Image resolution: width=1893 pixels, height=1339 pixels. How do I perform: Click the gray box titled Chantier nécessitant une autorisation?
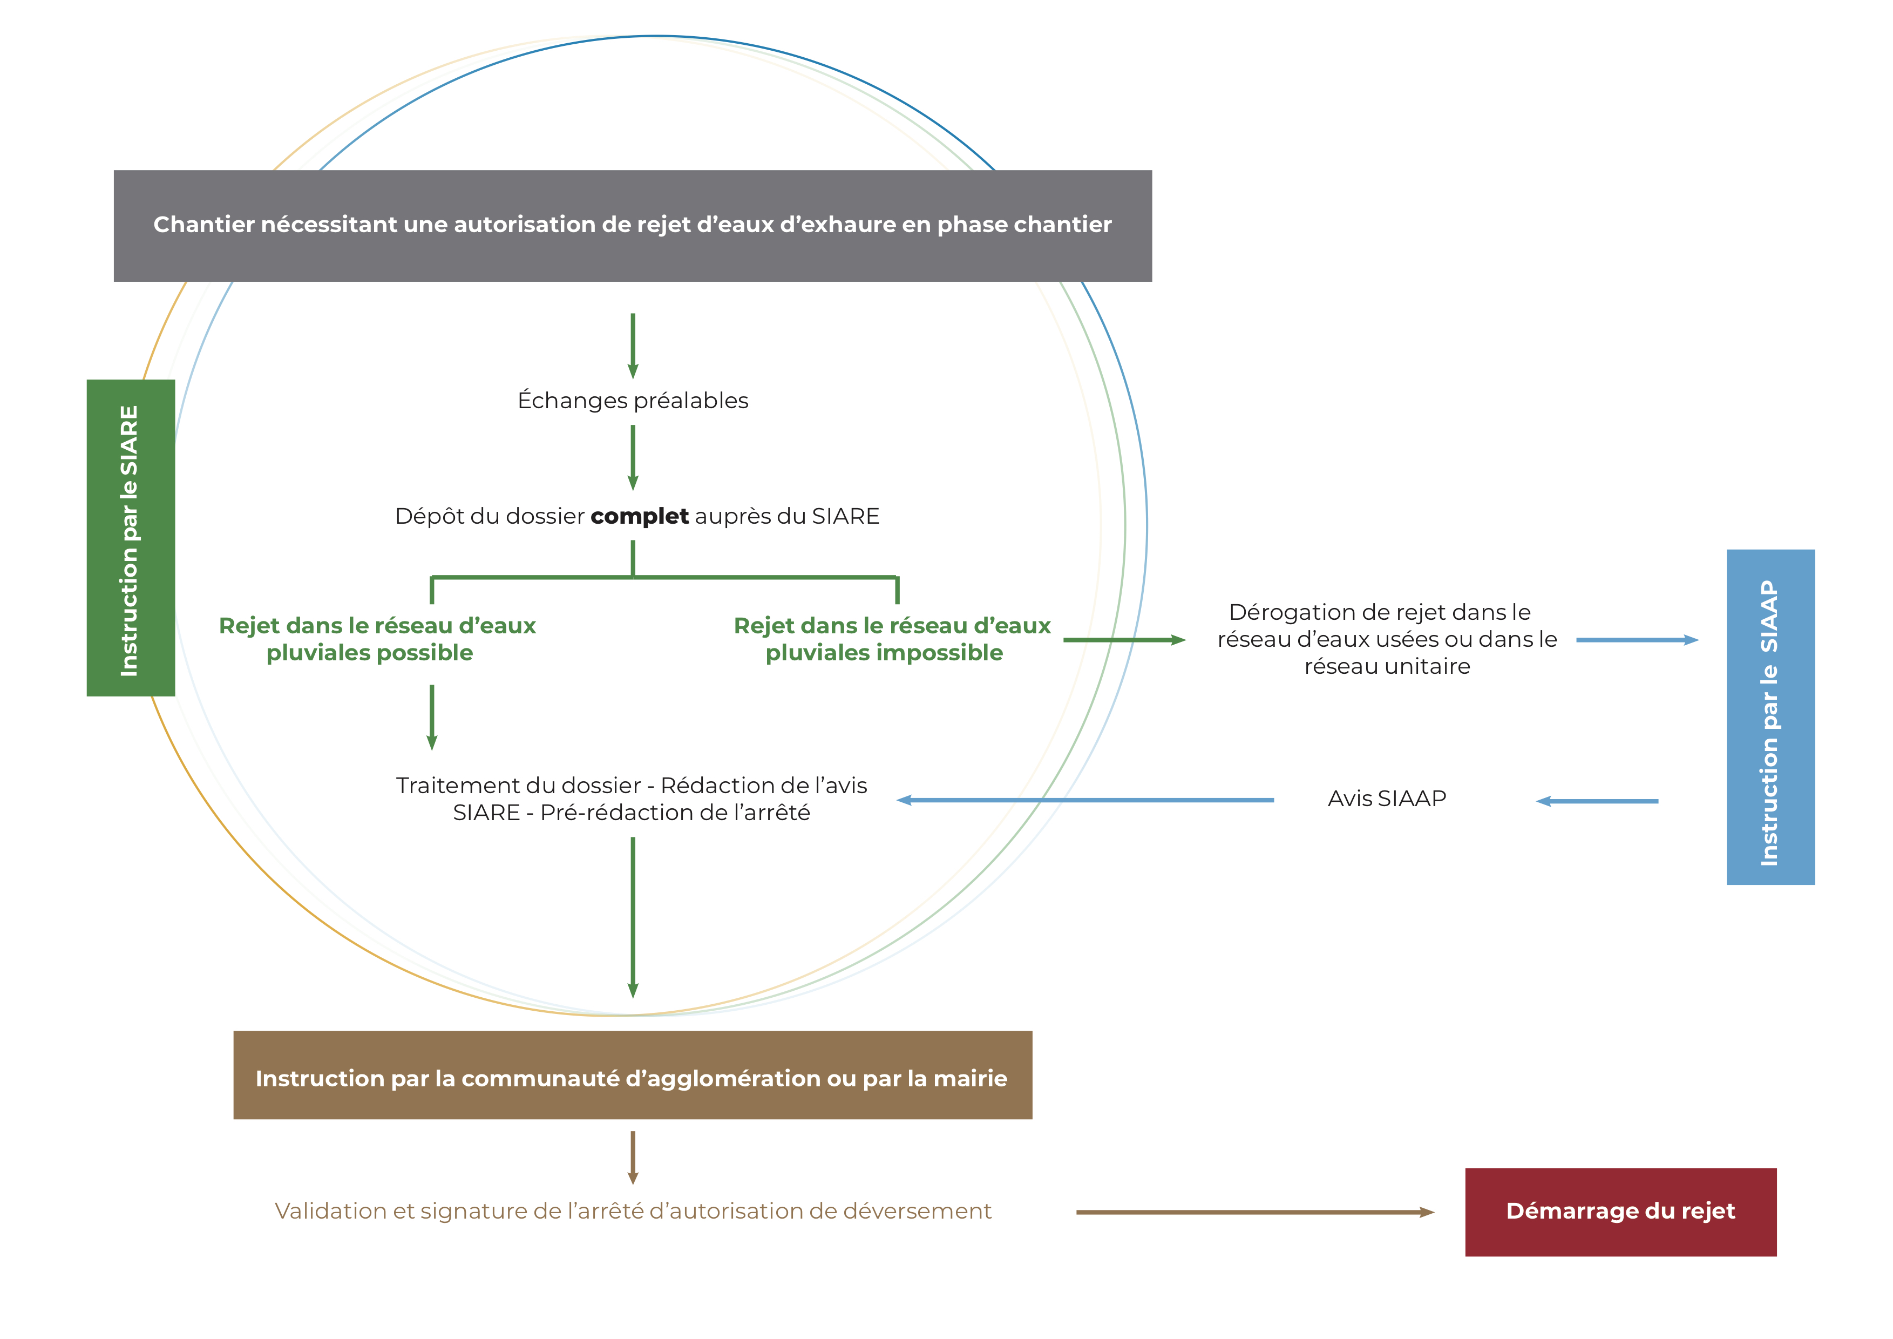(633, 225)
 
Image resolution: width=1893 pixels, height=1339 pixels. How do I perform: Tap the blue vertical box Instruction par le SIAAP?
(1770, 718)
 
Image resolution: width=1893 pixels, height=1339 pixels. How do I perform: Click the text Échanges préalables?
(633, 401)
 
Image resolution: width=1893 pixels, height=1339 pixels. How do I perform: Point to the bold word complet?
(639, 516)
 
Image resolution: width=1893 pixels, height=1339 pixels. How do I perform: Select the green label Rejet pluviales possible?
(376, 639)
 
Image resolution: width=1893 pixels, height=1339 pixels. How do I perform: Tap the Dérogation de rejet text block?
(1387, 639)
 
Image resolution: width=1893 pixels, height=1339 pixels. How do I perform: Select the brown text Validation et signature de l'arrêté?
(633, 1211)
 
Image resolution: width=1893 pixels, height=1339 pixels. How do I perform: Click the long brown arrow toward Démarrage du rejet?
(1253, 1212)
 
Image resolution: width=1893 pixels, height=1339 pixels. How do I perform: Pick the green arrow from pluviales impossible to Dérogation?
(1123, 640)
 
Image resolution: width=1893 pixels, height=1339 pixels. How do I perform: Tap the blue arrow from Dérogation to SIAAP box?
(1637, 640)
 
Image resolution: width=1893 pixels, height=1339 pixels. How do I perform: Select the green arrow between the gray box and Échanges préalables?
(633, 344)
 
